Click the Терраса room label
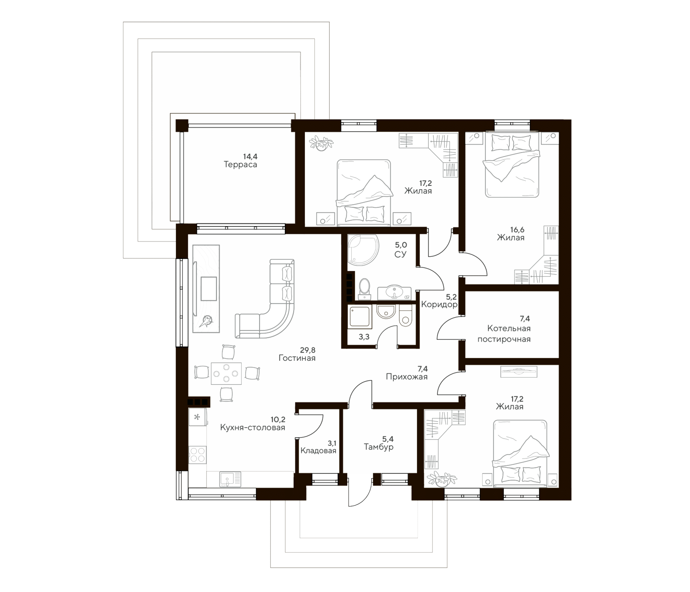(240, 164)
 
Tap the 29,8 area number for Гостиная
(307, 350)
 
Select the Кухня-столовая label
(252, 428)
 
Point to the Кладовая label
(318, 451)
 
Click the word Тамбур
(378, 447)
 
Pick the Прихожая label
(406, 377)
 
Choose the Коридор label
(439, 304)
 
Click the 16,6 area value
(517, 230)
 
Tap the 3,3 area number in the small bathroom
(364, 337)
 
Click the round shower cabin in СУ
(363, 250)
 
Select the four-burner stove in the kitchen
(197, 455)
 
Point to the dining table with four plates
(226, 373)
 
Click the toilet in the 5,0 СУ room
(365, 289)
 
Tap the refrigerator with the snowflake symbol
(197, 417)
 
